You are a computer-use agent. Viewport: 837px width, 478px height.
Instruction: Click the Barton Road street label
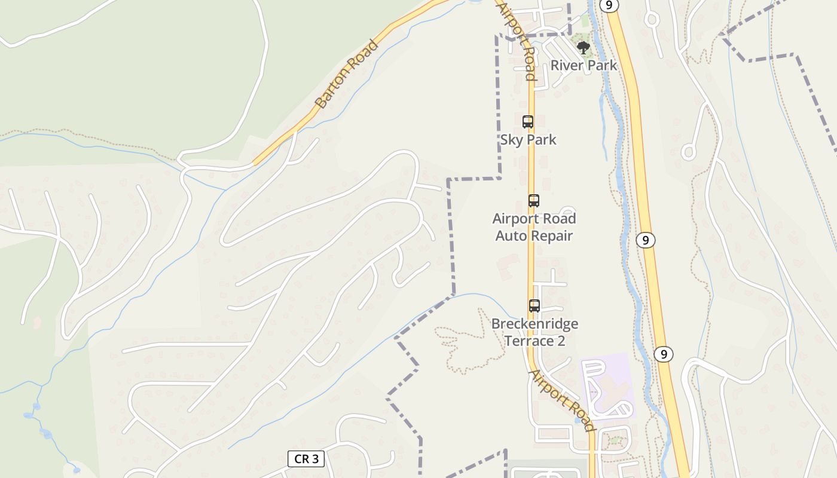pyautogui.click(x=347, y=74)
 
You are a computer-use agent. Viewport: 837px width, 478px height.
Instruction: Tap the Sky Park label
pyautogui.click(x=529, y=140)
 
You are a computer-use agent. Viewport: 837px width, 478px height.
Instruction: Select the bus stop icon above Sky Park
pyautogui.click(x=528, y=122)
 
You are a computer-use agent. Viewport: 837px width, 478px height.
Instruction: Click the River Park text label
pyautogui.click(x=584, y=65)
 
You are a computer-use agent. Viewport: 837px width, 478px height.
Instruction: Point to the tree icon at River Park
pyautogui.click(x=583, y=47)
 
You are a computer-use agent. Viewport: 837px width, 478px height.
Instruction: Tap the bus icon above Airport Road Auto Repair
pyautogui.click(x=534, y=201)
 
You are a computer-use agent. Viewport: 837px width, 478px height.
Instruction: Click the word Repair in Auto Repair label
pyautogui.click(x=549, y=236)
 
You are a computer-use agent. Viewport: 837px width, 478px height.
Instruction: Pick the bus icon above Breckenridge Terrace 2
pyautogui.click(x=534, y=306)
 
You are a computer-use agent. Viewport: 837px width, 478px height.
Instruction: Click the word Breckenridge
pyautogui.click(x=535, y=324)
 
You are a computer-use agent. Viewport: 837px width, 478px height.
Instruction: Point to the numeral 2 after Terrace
pyautogui.click(x=561, y=341)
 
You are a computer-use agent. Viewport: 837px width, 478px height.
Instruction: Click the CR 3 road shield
pyautogui.click(x=306, y=459)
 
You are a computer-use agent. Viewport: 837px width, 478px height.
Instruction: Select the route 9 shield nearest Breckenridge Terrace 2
pyautogui.click(x=663, y=354)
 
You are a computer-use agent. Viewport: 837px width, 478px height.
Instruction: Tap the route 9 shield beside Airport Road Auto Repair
pyautogui.click(x=645, y=240)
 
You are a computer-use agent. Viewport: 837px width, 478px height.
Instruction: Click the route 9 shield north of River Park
pyautogui.click(x=609, y=5)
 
